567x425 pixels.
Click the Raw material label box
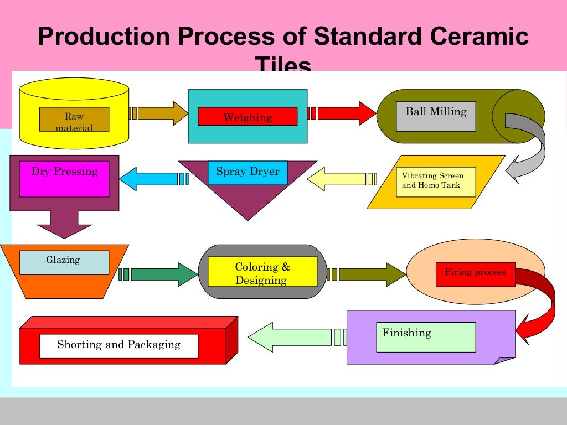(74, 120)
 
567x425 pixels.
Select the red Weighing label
(248, 117)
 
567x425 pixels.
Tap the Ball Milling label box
(436, 116)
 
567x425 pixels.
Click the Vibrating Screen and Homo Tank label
(436, 182)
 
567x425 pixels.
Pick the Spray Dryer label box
(248, 172)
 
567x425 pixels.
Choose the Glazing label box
(64, 262)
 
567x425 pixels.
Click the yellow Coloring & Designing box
(262, 272)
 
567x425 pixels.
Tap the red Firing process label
(475, 274)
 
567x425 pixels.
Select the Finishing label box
(426, 337)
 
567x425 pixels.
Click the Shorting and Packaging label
(118, 346)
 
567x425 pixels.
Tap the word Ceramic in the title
(480, 37)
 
